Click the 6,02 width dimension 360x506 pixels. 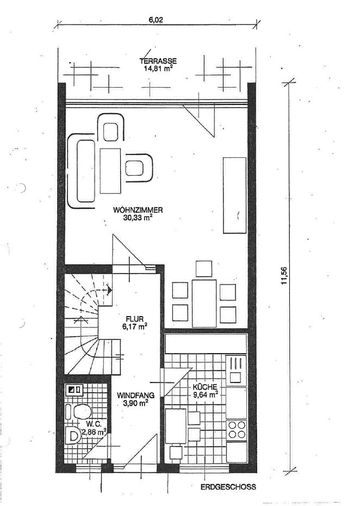click(x=156, y=20)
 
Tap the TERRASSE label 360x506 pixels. click(x=158, y=61)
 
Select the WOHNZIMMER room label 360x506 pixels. click(x=138, y=210)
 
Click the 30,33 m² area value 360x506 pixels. click(x=138, y=218)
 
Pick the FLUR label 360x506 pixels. click(x=134, y=319)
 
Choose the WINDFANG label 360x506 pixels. click(x=135, y=395)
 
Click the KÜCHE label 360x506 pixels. click(x=205, y=387)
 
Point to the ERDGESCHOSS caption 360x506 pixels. click(x=228, y=487)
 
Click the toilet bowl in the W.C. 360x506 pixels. click(x=82, y=412)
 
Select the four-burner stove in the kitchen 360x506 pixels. click(x=237, y=430)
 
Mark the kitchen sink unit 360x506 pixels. click(x=237, y=371)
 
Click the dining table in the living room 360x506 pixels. click(x=204, y=304)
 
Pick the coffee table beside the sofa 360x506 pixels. click(x=110, y=171)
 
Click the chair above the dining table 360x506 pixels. click(x=204, y=269)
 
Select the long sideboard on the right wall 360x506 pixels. click(x=235, y=195)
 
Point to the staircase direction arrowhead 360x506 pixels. click(x=110, y=290)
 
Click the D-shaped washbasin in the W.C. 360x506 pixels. click(x=73, y=436)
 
